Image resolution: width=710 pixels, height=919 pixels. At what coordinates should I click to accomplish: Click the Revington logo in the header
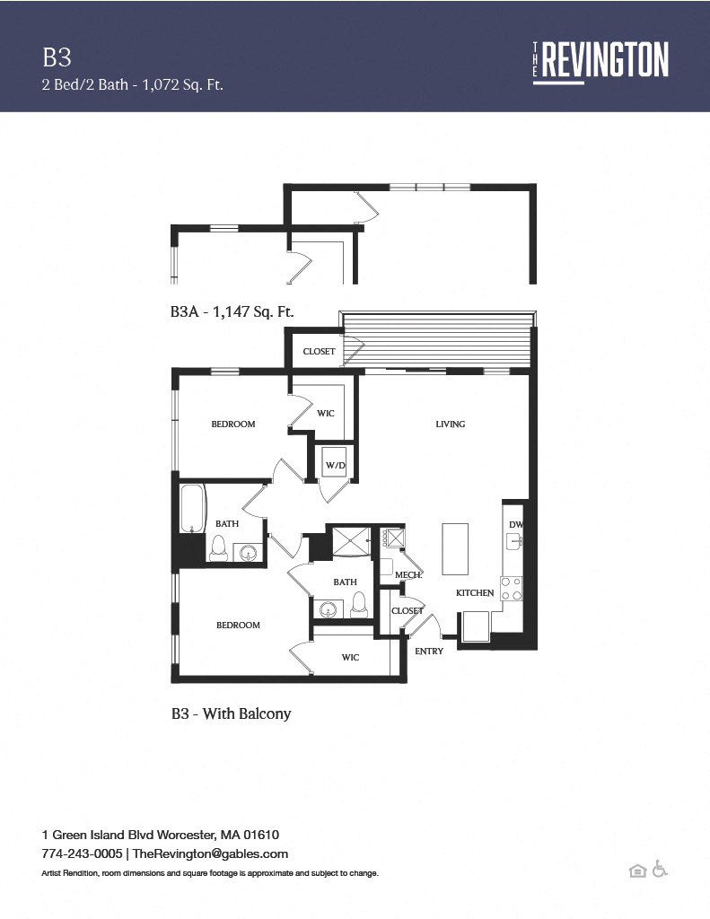(x=600, y=60)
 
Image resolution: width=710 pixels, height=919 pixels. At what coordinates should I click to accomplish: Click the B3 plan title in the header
(x=57, y=57)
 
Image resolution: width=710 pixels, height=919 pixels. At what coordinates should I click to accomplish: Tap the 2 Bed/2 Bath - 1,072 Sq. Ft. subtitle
(x=132, y=85)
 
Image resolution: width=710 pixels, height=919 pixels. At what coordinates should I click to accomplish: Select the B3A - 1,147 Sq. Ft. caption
(x=232, y=311)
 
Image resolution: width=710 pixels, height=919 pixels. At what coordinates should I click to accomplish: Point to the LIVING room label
(x=451, y=424)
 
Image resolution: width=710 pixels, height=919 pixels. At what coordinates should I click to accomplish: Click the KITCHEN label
(x=475, y=593)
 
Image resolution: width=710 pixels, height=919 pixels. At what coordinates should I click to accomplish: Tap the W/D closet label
(x=335, y=465)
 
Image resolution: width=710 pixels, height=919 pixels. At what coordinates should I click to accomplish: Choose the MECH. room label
(x=408, y=575)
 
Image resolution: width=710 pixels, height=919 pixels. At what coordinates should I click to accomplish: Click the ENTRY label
(x=429, y=651)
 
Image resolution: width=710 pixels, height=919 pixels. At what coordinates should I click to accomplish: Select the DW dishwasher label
(x=515, y=525)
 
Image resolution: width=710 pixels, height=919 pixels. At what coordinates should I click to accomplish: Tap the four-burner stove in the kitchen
(x=512, y=589)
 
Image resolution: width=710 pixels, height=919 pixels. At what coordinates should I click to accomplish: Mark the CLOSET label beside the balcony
(x=319, y=352)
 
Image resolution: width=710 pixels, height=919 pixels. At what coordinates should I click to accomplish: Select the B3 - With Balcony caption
(x=231, y=714)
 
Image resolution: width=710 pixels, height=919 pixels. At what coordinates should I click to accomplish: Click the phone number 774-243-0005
(x=82, y=853)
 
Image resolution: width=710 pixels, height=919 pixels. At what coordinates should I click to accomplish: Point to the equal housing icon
(x=637, y=871)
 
